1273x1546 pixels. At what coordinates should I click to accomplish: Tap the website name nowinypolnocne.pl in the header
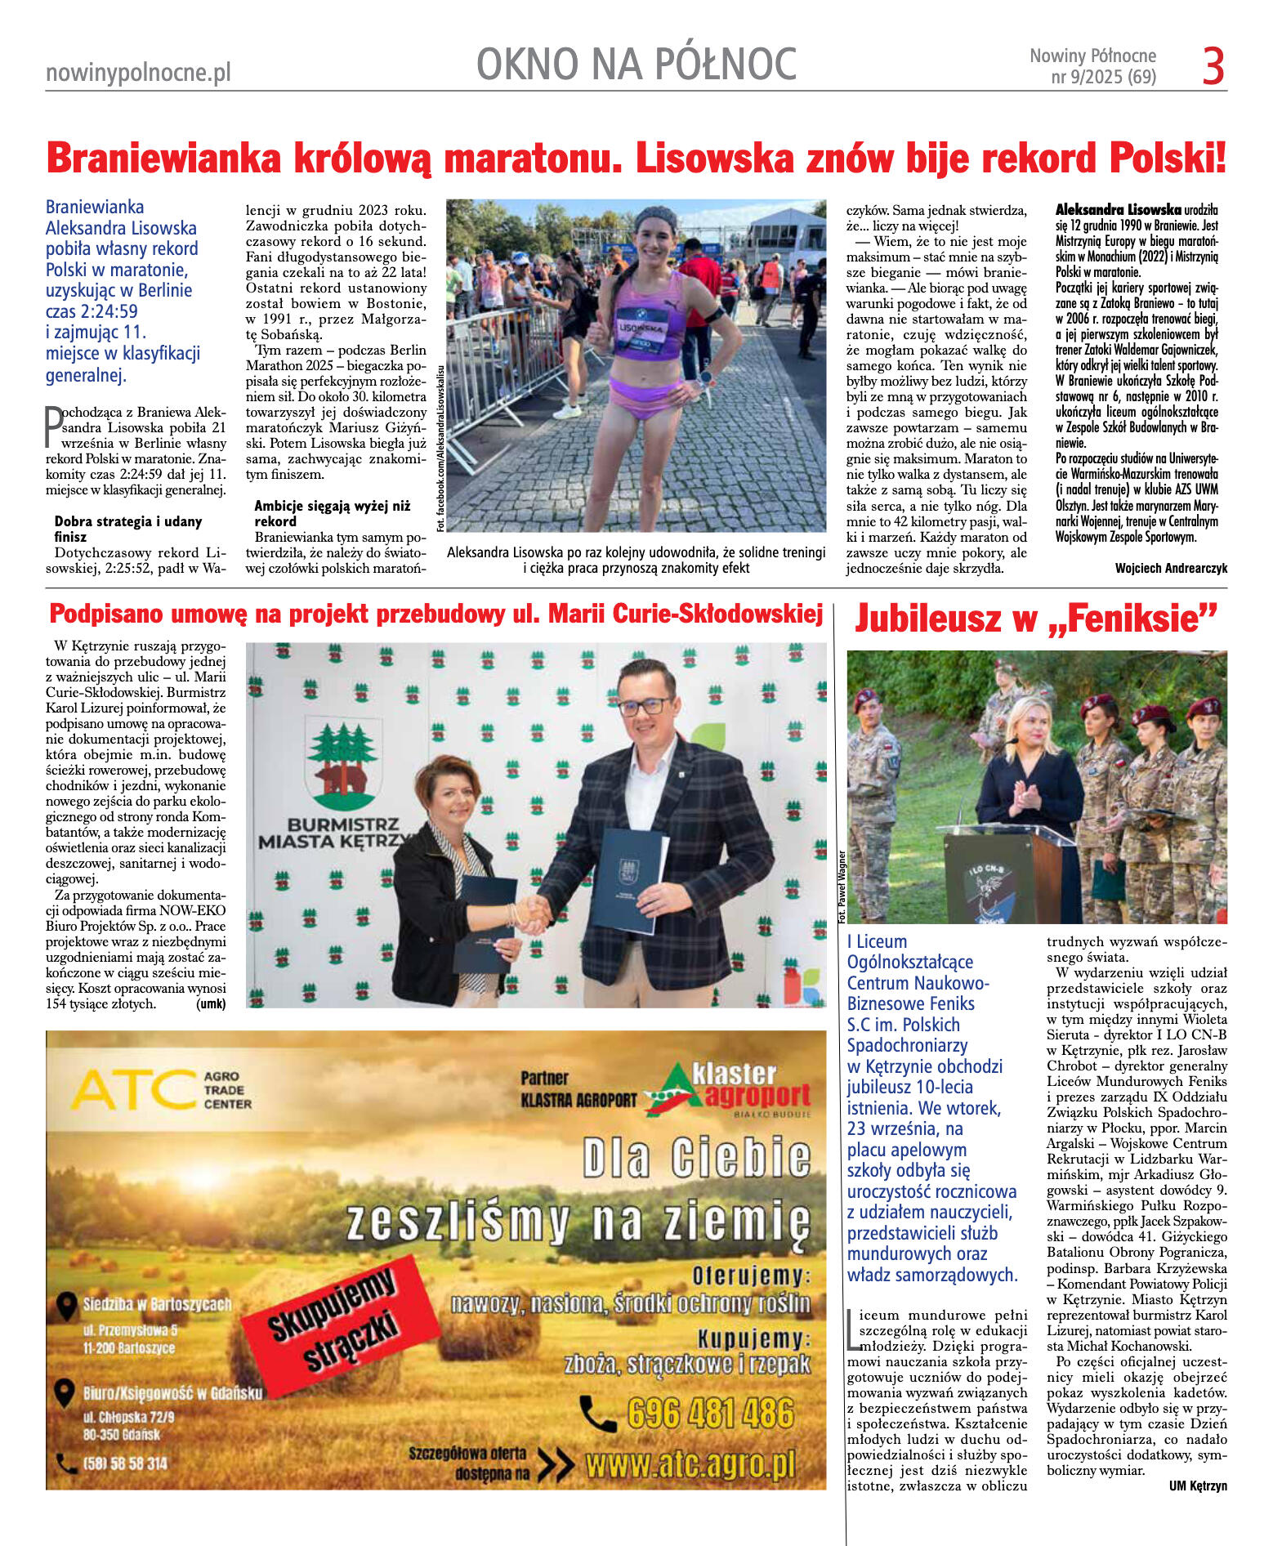click(x=138, y=73)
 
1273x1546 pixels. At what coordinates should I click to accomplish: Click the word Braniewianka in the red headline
click(x=163, y=158)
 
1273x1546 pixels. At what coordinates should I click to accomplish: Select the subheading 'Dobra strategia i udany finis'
click(x=128, y=529)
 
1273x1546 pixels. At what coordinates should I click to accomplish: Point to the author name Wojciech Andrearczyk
click(x=1170, y=568)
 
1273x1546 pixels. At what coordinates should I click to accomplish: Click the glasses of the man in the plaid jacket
click(x=645, y=705)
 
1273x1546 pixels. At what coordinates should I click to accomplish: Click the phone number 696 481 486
click(x=710, y=1413)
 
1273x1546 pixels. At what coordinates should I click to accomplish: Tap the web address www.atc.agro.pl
click(x=690, y=1466)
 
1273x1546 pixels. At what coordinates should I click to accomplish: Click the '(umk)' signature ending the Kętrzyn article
click(x=211, y=1003)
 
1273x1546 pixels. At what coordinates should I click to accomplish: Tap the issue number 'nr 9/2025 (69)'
click(x=1103, y=78)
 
